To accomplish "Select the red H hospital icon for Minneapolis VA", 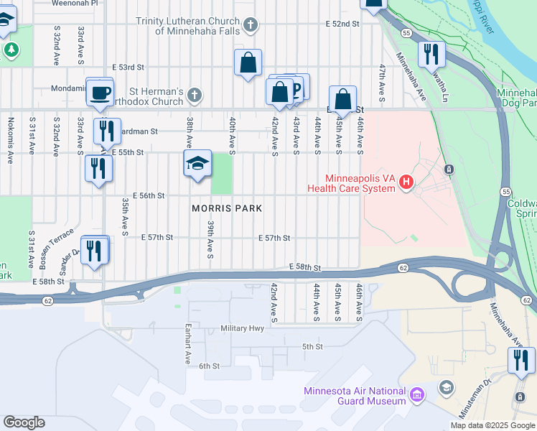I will pyautogui.click(x=406, y=182).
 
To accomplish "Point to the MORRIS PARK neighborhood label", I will pyautogui.click(x=226, y=208).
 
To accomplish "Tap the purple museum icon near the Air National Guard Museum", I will pyautogui.click(x=417, y=394).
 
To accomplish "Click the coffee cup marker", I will pyautogui.click(x=100, y=92).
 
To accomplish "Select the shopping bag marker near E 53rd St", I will pyautogui.click(x=248, y=62).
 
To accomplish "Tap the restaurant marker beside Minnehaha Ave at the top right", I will pyautogui.click(x=431, y=54).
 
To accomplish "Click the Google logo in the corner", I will pyautogui.click(x=24, y=422).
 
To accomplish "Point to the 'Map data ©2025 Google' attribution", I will pyautogui.click(x=492, y=425).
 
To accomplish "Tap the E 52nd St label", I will pyautogui.click(x=342, y=24).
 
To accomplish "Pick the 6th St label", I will pyautogui.click(x=208, y=366).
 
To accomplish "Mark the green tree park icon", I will pyautogui.click(x=11, y=50).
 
